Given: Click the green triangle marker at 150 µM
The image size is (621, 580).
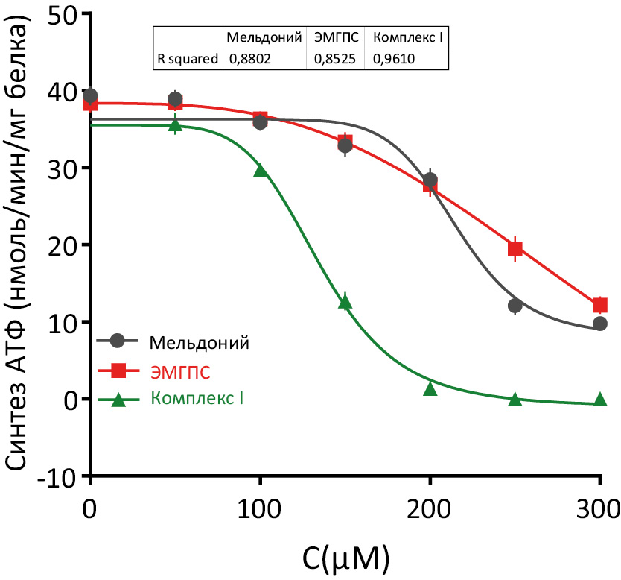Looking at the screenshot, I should [x=345, y=301].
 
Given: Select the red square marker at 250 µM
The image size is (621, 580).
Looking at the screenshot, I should [x=515, y=248].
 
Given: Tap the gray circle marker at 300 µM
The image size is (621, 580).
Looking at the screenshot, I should [x=599, y=324].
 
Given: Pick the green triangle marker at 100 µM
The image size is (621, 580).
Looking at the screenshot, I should [x=260, y=171].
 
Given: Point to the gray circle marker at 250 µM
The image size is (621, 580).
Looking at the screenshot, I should [x=515, y=306].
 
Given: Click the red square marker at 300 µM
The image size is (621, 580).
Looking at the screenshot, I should [x=599, y=305].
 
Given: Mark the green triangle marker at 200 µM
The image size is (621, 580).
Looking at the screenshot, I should [x=430, y=388].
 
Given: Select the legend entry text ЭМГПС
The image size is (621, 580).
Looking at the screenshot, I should [x=181, y=371].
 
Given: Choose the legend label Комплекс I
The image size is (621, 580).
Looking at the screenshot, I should [x=197, y=398].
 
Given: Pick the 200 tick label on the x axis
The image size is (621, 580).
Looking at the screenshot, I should [x=430, y=510].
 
